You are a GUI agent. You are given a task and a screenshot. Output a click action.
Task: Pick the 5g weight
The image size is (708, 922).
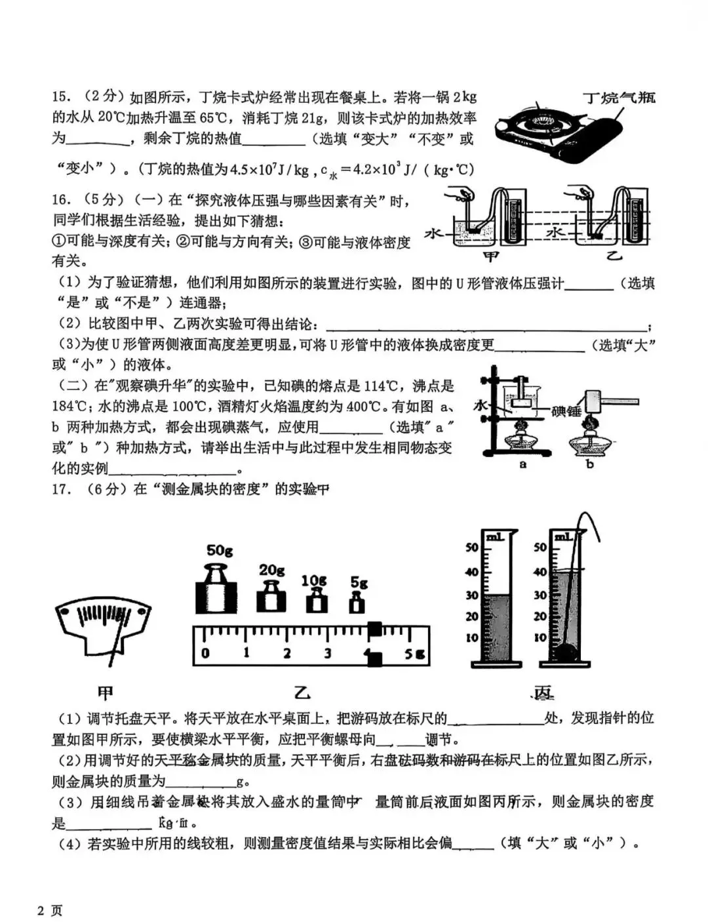tap(357, 601)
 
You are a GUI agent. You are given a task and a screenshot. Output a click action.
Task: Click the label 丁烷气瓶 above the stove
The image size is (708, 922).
tap(619, 98)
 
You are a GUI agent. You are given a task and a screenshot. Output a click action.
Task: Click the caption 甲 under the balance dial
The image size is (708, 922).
tap(104, 693)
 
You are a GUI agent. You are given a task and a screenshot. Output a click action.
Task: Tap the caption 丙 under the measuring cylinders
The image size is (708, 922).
tap(543, 693)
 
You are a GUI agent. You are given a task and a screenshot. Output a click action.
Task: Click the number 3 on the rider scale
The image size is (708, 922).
tap(326, 653)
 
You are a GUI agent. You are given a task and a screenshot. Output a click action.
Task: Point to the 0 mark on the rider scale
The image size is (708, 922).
tap(205, 653)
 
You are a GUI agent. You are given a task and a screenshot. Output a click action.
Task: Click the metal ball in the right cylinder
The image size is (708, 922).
tap(566, 652)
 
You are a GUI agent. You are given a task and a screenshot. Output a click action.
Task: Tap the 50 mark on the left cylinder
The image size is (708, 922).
tap(471, 548)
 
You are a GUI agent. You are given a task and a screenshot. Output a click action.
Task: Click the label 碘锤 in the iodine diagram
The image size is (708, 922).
tap(566, 412)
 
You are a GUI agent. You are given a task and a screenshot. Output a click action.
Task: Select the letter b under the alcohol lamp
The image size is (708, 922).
tap(589, 464)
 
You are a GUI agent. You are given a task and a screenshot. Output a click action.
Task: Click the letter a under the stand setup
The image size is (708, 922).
tap(522, 464)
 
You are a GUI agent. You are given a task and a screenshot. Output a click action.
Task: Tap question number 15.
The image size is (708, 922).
tap(61, 97)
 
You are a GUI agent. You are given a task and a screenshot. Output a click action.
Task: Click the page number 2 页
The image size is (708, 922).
tap(50, 910)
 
